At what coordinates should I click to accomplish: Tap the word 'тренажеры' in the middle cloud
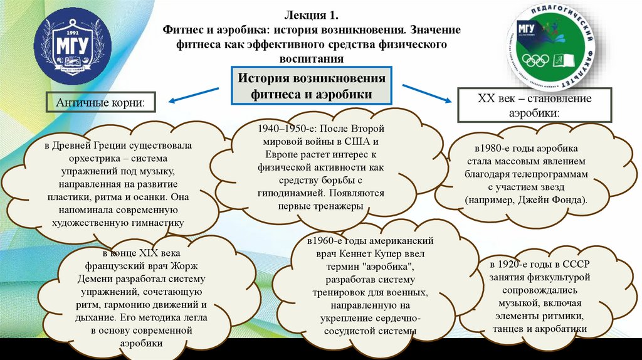(x=339, y=206)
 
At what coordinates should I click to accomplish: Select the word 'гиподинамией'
(x=273, y=194)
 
